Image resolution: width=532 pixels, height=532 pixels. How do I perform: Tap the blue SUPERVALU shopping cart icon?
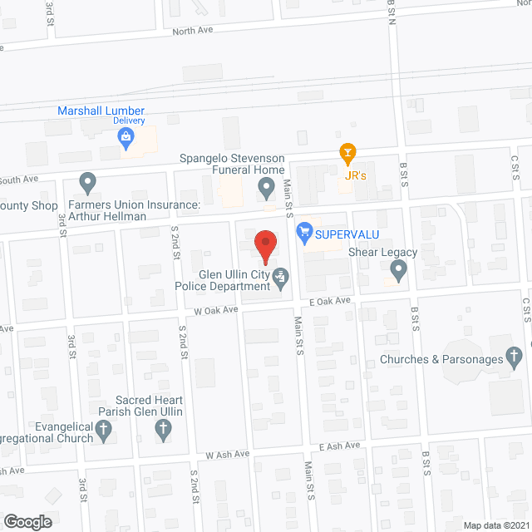click(x=303, y=232)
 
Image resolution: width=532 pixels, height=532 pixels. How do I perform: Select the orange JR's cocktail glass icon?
click(x=347, y=152)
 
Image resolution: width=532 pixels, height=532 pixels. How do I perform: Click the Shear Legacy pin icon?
click(x=398, y=269)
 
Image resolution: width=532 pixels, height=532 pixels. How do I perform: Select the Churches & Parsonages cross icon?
click(x=515, y=359)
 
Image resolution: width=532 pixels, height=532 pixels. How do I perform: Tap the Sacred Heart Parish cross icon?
click(x=162, y=430)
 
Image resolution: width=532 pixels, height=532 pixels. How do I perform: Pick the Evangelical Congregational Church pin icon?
click(x=103, y=430)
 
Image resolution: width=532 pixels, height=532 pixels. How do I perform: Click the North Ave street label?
click(x=193, y=32)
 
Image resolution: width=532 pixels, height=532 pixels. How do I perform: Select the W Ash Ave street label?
click(x=229, y=454)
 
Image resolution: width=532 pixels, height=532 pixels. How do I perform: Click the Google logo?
click(x=27, y=522)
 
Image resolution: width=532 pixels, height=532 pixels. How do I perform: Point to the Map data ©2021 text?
click(x=494, y=525)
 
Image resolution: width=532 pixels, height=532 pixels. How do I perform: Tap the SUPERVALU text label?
click(x=341, y=233)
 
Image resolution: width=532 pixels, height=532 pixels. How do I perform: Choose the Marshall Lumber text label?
click(x=101, y=111)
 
